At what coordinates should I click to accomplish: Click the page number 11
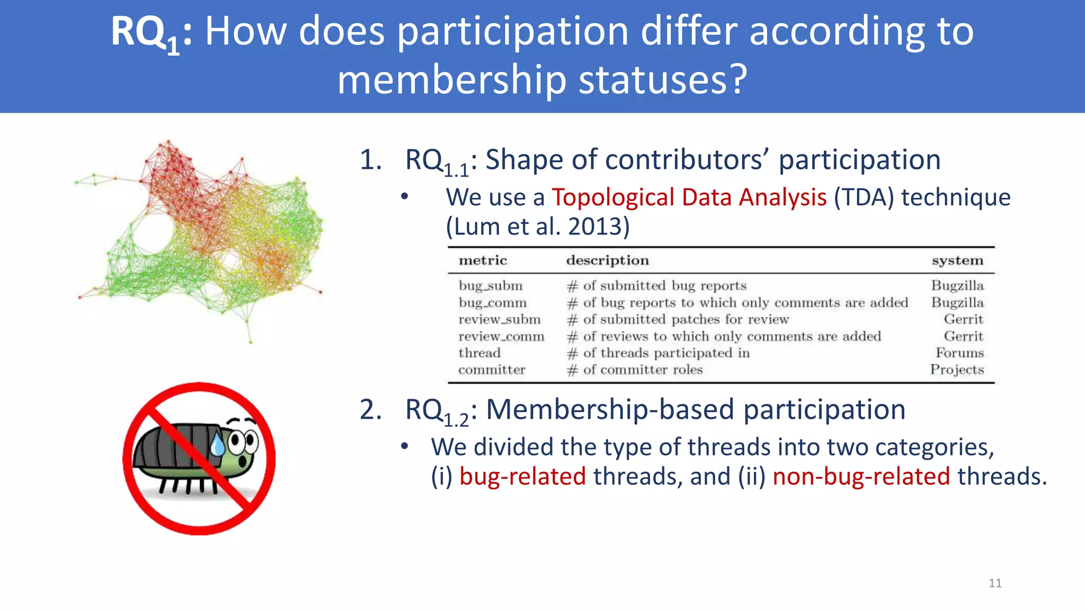pos(995,583)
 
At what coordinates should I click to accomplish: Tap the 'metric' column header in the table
pos(483,260)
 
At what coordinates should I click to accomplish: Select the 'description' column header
pos(607,260)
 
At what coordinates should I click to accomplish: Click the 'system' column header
pos(957,260)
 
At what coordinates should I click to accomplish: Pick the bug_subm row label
pos(491,286)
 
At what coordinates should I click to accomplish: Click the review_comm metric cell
pos(501,336)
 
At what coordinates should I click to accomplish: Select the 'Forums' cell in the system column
pos(959,353)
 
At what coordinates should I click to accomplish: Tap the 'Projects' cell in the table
pos(957,370)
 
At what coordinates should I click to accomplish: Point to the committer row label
pos(492,370)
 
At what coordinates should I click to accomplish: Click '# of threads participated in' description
pos(659,353)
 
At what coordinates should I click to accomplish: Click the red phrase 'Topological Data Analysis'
pos(689,197)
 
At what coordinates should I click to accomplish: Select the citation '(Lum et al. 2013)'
pos(537,226)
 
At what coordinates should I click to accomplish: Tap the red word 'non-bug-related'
pos(861,476)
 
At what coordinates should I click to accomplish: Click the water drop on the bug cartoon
pos(218,444)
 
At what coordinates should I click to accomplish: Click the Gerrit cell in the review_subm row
pos(963,319)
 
